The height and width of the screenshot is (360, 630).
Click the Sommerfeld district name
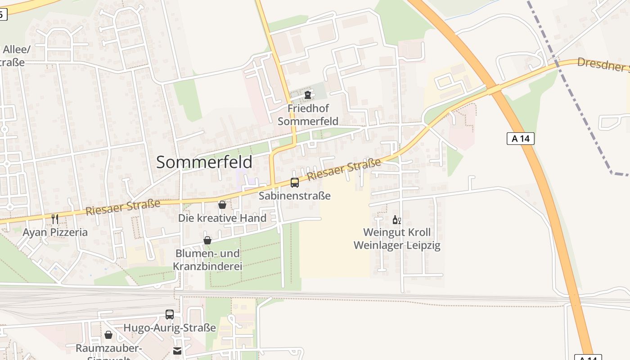pyautogui.click(x=204, y=162)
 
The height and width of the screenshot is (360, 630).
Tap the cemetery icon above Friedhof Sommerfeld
pyautogui.click(x=308, y=95)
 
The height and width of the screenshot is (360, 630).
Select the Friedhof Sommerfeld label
pyautogui.click(x=308, y=115)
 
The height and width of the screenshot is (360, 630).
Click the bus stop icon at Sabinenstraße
pyautogui.click(x=295, y=183)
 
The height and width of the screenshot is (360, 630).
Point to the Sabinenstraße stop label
pyautogui.click(x=295, y=196)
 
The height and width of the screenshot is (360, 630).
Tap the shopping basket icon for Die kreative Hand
pyautogui.click(x=222, y=205)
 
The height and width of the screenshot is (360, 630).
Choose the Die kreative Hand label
pyautogui.click(x=222, y=218)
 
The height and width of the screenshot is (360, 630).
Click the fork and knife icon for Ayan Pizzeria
pyautogui.click(x=55, y=219)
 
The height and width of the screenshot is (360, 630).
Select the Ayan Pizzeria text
pyautogui.click(x=55, y=233)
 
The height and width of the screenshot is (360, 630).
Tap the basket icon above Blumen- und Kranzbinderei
pyautogui.click(x=207, y=240)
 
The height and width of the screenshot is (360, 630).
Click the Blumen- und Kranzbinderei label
pyautogui.click(x=207, y=260)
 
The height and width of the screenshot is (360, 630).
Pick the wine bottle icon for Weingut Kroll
pyautogui.click(x=396, y=220)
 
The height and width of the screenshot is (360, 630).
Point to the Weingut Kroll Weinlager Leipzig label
pyautogui.click(x=397, y=239)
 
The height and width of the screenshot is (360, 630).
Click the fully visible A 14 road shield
pyautogui.click(x=521, y=139)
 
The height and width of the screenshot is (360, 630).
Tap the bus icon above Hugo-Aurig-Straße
pyautogui.click(x=170, y=315)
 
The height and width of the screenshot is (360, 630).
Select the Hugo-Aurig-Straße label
pyautogui.click(x=170, y=328)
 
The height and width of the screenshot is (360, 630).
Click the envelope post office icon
pyautogui.click(x=178, y=351)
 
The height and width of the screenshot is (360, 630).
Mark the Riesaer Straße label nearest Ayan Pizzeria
pyautogui.click(x=123, y=207)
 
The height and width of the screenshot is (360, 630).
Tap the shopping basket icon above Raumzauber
pyautogui.click(x=108, y=335)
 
